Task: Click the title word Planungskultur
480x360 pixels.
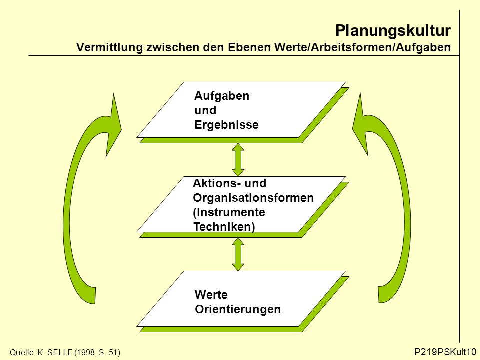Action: point(393,31)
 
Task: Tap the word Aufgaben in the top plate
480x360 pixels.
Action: point(222,96)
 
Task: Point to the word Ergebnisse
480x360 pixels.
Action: point(226,125)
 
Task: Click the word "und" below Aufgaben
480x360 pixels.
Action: point(205,110)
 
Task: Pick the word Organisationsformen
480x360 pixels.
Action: point(253,198)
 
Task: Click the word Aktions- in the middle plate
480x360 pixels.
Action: point(217,183)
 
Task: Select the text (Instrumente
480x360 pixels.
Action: point(229,212)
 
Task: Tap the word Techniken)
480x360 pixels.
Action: point(224,227)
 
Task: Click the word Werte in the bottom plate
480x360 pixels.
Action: point(211,295)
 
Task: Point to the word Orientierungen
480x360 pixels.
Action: point(238,309)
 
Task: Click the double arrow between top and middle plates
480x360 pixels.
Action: point(238,160)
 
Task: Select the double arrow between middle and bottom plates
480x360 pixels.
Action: point(238,254)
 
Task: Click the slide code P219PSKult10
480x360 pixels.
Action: point(445,352)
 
